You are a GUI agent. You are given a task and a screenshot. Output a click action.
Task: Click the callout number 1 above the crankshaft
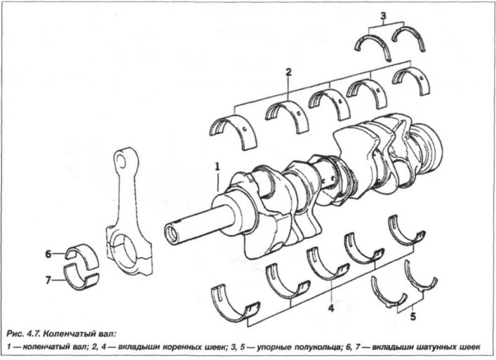pos(217,167)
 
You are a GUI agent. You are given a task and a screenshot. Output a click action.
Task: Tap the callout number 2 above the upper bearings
pos(288,72)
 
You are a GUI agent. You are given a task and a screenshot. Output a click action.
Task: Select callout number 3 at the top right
pos(383,15)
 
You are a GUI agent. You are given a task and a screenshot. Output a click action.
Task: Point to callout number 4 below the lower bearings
pos(331,308)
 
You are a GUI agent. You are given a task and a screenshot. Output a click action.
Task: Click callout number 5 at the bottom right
pos(413,316)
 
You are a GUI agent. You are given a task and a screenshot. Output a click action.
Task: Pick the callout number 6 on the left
pos(48,254)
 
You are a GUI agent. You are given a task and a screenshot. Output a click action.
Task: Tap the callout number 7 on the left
pos(48,280)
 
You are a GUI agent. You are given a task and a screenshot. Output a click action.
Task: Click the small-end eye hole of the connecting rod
pos(121,160)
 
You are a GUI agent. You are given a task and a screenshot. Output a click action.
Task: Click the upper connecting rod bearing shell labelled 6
pos(83,253)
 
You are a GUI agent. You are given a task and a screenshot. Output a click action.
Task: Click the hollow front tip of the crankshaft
pos(173,234)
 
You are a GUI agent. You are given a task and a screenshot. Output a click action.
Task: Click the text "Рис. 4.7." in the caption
pos(22,334)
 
